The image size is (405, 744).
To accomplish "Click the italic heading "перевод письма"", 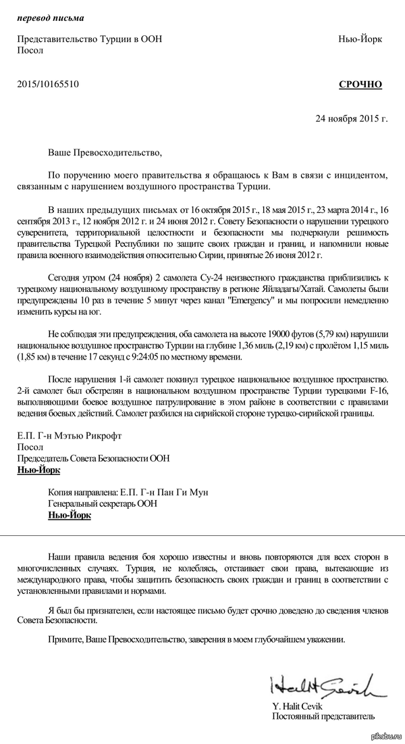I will pos(47,16).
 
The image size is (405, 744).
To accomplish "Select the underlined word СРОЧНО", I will pos(360,84).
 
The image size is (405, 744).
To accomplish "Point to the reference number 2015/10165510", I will pos(48,84).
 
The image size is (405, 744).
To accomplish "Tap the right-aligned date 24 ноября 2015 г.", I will pos(352,118).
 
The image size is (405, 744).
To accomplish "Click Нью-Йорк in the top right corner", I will pos(360,39).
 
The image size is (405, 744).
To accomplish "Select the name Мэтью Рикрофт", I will pos(93,435).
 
